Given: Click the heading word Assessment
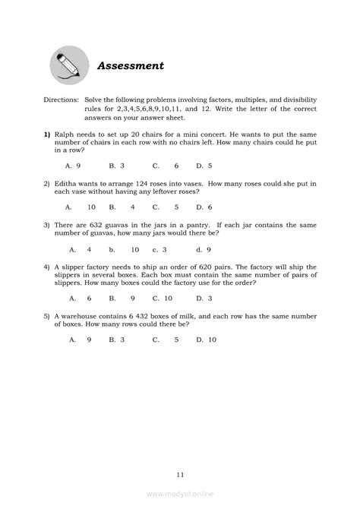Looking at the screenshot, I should click(x=131, y=66).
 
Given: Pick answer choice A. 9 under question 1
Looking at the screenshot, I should click(x=74, y=165).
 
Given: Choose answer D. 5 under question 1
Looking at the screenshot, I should click(x=204, y=165).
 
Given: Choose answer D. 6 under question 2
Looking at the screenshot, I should click(x=204, y=207).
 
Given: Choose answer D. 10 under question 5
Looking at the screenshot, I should click(x=207, y=341).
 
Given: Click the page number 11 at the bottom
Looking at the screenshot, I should click(x=179, y=475).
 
